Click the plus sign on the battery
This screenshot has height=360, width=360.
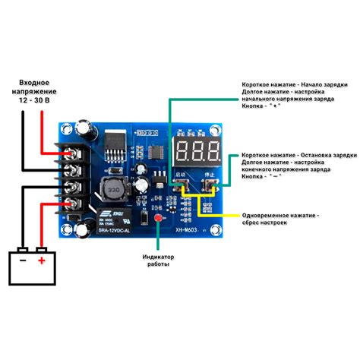(x=42, y=261)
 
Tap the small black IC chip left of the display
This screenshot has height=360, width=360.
(x=157, y=142)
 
